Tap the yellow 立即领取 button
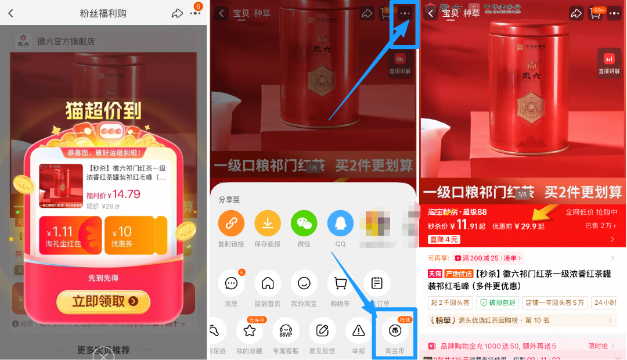(103, 301)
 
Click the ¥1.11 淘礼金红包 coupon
(70, 236)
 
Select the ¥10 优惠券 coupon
(135, 236)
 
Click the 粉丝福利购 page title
(103, 13)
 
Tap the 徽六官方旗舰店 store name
(66, 41)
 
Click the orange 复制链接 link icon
(231, 223)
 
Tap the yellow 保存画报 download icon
(268, 223)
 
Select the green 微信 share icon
(304, 223)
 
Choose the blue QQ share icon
(340, 223)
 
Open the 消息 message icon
(231, 283)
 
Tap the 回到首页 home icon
(268, 283)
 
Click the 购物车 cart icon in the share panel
(340, 283)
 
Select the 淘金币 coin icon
(395, 331)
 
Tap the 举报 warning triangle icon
(359, 331)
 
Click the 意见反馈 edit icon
(322, 331)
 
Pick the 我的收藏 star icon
(250, 331)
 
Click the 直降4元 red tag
(444, 239)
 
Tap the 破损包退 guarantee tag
(497, 303)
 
